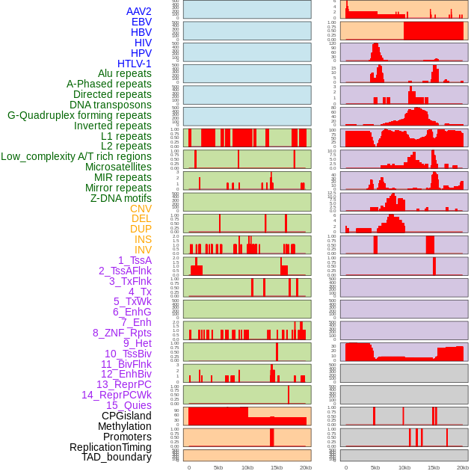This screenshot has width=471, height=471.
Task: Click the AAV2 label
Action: (138, 11)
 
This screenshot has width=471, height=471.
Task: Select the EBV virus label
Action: (141, 22)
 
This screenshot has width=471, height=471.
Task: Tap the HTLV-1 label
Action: (134, 64)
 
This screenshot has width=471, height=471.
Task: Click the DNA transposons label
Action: (111, 105)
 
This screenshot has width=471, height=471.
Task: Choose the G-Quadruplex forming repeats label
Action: (79, 115)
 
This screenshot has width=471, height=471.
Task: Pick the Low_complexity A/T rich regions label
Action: (76, 156)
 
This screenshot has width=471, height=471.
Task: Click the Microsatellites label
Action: (118, 167)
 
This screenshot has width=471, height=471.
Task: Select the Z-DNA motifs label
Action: (121, 198)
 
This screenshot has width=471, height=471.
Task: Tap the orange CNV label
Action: (141, 209)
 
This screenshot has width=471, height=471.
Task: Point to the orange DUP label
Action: (141, 229)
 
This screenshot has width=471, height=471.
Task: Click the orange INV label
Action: (143, 250)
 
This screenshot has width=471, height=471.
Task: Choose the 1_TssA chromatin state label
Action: (135, 260)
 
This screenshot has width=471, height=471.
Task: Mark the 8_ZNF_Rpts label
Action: (122, 333)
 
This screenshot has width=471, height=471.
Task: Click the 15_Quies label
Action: (129, 405)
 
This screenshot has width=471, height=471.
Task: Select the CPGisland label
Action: (126, 416)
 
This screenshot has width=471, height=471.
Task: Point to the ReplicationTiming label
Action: (110, 447)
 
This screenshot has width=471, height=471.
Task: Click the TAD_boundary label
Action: (117, 457)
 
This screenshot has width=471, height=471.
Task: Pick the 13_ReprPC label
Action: (123, 384)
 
